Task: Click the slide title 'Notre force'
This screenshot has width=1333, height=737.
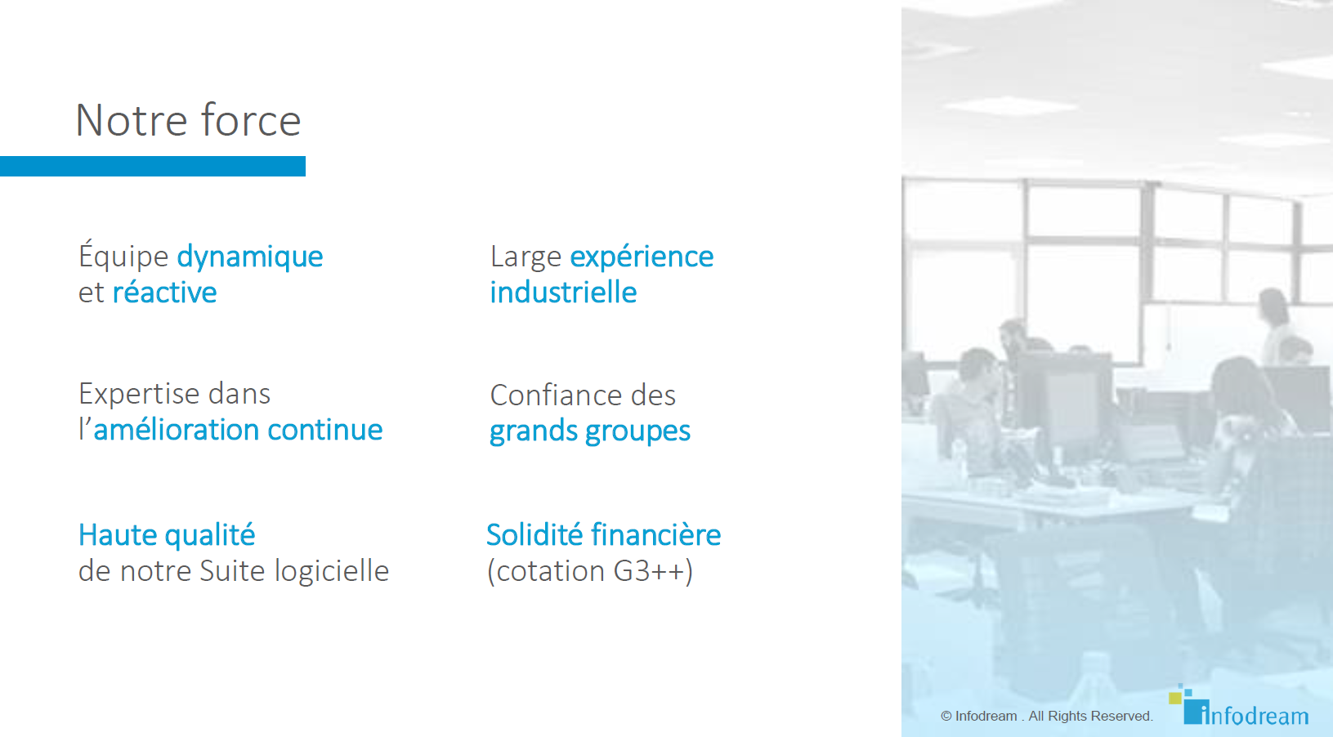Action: [x=188, y=120]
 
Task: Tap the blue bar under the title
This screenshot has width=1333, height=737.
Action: [x=153, y=166]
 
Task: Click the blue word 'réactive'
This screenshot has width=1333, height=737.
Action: [x=165, y=292]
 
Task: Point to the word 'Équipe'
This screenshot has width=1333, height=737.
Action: [x=123, y=256]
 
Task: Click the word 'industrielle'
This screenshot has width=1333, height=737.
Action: [x=563, y=292]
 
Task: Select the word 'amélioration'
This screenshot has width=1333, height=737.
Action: [x=177, y=430]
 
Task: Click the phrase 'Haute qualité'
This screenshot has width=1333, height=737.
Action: [x=167, y=535]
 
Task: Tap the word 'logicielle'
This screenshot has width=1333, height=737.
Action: [x=332, y=570]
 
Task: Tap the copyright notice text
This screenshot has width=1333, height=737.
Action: [x=1047, y=717]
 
